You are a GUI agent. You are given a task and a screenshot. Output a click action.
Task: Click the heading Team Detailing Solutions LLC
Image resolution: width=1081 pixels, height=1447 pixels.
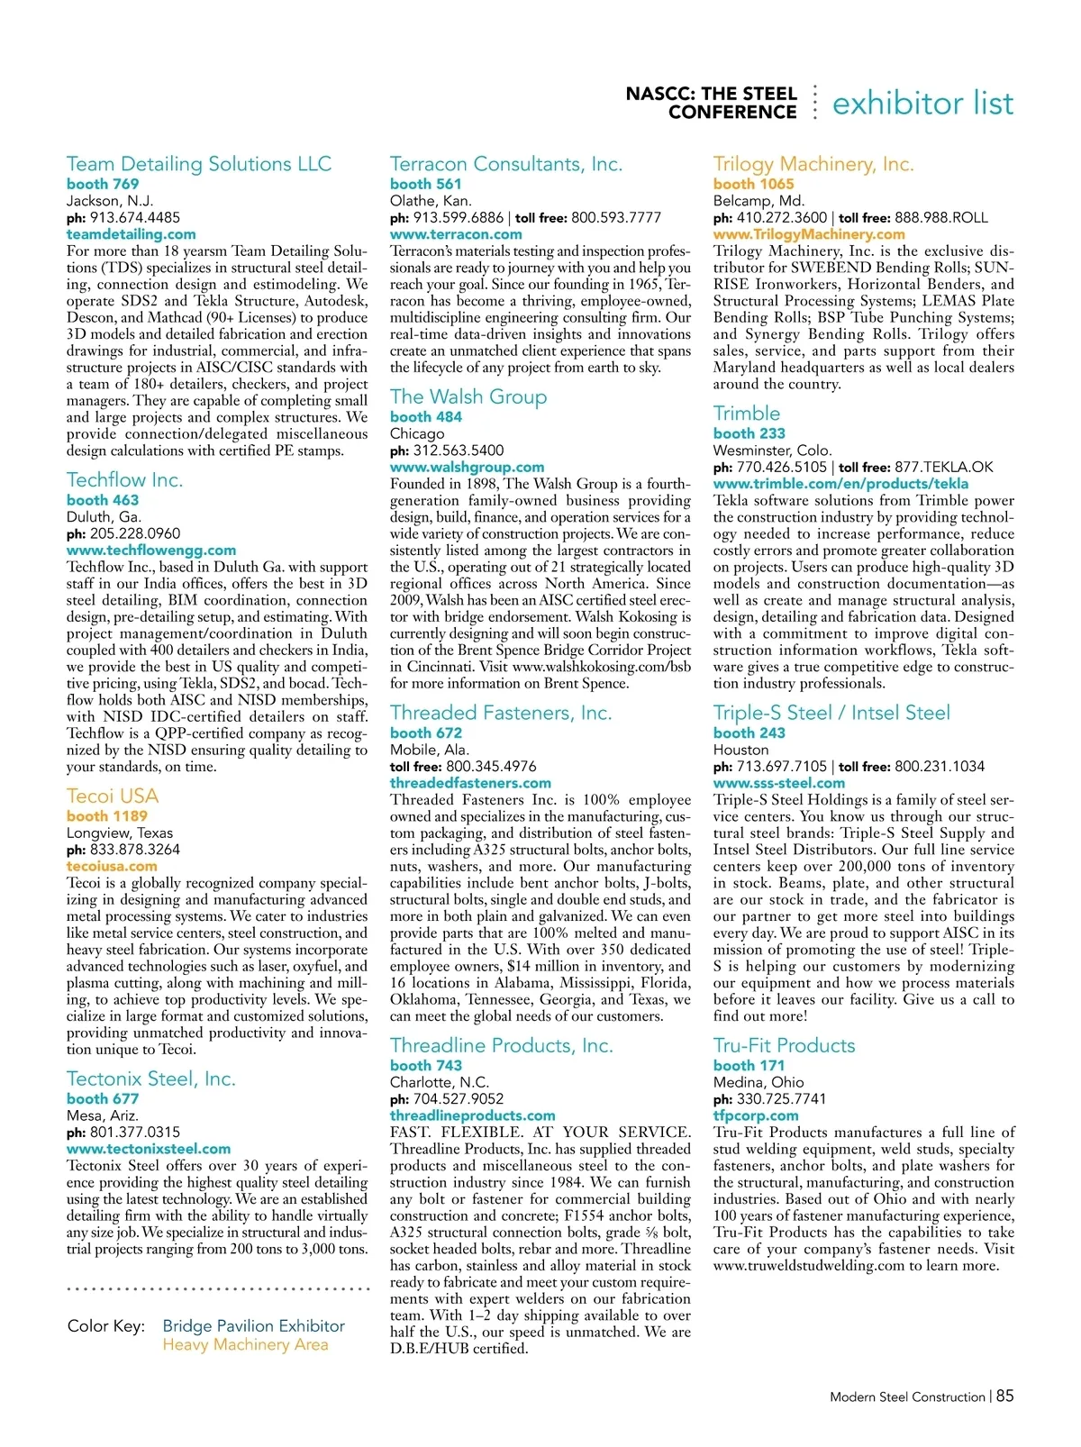[x=199, y=164]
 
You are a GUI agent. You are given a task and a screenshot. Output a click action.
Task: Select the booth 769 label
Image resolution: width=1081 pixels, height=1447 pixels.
[x=103, y=184]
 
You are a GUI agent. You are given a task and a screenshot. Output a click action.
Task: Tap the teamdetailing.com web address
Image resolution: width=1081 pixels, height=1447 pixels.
[x=132, y=234]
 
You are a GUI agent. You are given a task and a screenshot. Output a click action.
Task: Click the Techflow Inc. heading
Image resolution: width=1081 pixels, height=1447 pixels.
[x=124, y=479]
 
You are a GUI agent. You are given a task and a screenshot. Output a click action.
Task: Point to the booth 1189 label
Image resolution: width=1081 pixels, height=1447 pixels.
[x=107, y=816]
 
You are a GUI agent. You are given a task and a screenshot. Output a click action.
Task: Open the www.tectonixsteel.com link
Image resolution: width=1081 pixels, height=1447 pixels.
[x=149, y=1149]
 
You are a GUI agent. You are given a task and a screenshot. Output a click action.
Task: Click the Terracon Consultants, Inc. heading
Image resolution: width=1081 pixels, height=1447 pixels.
[x=506, y=164]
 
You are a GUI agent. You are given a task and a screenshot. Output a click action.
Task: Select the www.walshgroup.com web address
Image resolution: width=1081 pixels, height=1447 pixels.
[x=467, y=468]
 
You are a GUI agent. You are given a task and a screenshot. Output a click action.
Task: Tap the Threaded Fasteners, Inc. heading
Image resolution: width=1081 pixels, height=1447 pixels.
[x=501, y=713]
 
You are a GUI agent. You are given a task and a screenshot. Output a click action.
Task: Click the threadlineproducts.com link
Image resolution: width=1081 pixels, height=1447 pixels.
[x=473, y=1115]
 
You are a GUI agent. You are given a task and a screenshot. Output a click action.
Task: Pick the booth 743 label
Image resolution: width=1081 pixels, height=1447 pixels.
[x=426, y=1065]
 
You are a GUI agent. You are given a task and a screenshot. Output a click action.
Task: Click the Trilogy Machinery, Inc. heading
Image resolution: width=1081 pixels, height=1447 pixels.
[x=813, y=164]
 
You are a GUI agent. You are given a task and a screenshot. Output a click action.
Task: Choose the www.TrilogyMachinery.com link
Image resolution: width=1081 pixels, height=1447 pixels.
[x=809, y=234]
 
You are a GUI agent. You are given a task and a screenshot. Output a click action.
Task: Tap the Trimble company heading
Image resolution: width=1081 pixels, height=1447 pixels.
[x=747, y=414]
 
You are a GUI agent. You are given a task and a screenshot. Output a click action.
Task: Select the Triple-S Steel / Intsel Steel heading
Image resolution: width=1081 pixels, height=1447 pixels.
[x=831, y=713]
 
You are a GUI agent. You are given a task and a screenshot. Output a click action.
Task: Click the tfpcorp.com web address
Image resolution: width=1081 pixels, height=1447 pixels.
[x=756, y=1115]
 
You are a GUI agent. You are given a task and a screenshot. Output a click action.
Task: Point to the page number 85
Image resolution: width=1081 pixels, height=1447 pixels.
[x=1004, y=1396]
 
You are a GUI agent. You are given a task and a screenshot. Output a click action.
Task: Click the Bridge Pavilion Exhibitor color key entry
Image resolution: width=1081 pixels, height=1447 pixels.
[x=254, y=1325]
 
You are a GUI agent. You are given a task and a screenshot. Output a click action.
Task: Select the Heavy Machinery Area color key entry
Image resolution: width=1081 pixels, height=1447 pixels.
[x=245, y=1344]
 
